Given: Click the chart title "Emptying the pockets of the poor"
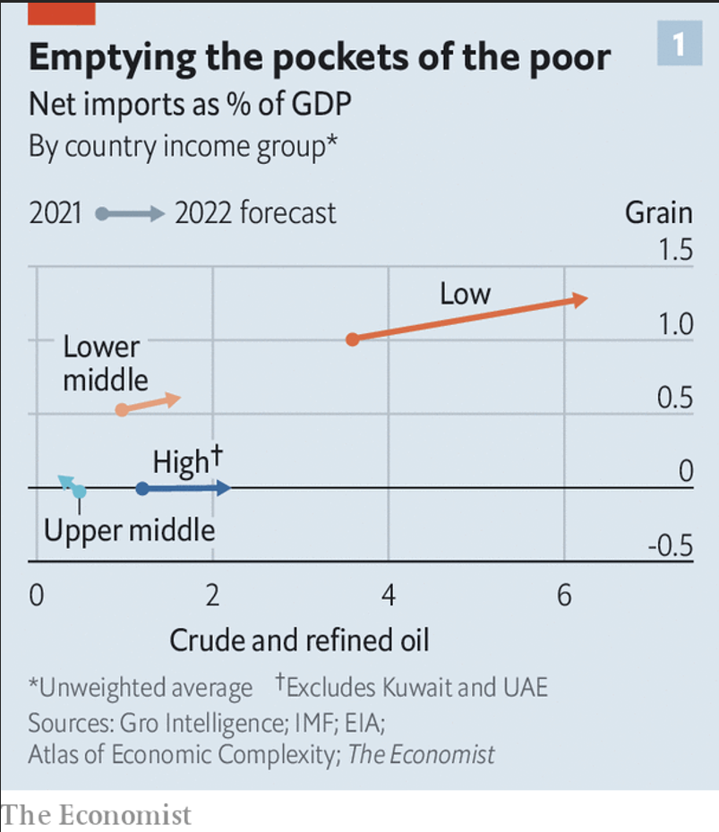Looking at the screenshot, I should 319,56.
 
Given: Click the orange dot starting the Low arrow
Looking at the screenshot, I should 353,339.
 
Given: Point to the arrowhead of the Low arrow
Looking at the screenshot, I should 580,300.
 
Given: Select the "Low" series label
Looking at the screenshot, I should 465,293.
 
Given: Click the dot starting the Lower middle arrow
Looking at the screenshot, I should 122,409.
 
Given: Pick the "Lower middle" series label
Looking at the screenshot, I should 105,363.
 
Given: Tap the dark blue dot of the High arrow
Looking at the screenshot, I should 141,488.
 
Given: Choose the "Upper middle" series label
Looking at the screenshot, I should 130,531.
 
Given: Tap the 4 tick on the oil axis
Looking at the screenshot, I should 389,595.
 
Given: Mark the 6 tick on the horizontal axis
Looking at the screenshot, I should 564,595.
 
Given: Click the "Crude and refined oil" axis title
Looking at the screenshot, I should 299,640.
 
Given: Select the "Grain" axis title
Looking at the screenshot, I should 658,212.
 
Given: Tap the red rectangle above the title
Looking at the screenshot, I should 62,12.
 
